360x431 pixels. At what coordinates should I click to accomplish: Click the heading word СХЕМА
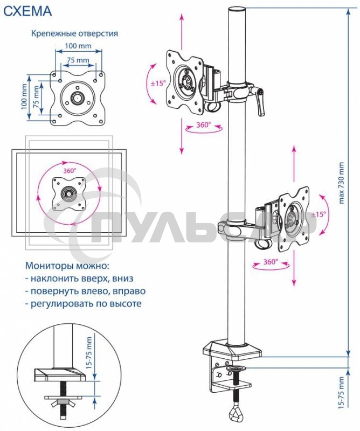pos(28,10)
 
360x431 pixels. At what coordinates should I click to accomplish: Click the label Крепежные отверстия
pos(74,33)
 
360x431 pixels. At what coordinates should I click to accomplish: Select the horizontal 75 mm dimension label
pos(78,60)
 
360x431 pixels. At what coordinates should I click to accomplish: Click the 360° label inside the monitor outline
pos(71,170)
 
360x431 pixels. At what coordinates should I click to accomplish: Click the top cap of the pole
pos(238,10)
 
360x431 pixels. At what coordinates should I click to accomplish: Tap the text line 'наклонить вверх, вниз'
pos(79,279)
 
